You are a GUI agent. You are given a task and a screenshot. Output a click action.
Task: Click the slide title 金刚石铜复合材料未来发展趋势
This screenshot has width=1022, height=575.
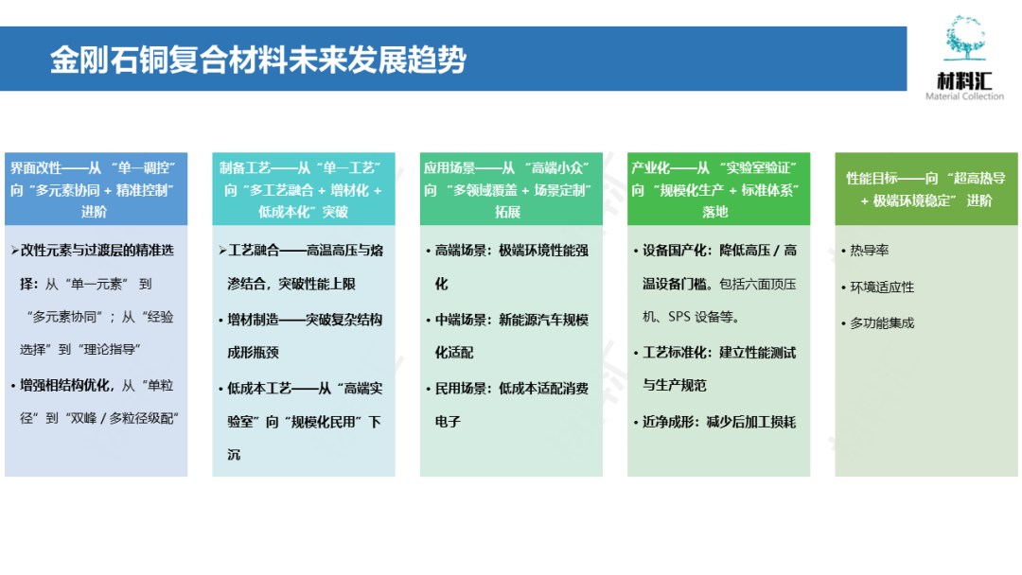point(257,61)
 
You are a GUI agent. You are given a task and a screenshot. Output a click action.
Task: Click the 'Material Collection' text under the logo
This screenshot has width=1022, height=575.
point(964,96)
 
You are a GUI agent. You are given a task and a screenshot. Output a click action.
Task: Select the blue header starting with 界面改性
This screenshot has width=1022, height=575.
point(96,189)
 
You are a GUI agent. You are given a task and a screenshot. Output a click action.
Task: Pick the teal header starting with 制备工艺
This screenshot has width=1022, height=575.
point(303,189)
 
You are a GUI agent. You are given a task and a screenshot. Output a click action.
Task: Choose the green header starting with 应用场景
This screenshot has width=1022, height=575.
point(511,189)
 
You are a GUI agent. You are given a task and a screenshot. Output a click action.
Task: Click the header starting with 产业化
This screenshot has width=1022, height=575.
point(718,189)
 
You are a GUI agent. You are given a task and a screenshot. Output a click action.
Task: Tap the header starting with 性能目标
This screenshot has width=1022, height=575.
point(925,188)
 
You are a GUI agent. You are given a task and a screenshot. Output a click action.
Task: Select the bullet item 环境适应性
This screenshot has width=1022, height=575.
point(881,287)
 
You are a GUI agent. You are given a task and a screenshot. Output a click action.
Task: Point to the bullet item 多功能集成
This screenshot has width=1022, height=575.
point(881,323)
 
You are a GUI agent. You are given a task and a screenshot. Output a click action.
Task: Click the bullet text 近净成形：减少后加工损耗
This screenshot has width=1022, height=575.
point(719,422)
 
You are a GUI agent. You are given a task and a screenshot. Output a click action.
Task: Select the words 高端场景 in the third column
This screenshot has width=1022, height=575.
point(461,252)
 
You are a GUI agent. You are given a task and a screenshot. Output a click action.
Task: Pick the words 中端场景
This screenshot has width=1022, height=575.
point(461,321)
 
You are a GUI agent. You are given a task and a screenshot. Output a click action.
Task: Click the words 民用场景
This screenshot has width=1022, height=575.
point(461,389)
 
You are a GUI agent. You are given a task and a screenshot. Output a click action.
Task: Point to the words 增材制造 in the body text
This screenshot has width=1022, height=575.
point(253,321)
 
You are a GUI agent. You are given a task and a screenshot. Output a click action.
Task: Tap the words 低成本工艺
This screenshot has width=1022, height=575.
point(258,389)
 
